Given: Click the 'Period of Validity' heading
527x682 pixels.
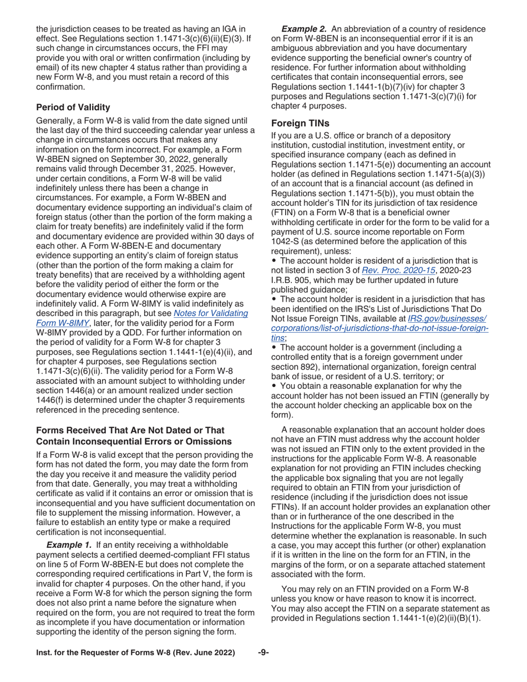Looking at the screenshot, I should click(x=73, y=107).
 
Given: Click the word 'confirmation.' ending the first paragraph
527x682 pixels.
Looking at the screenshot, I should click(x=59, y=88).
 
